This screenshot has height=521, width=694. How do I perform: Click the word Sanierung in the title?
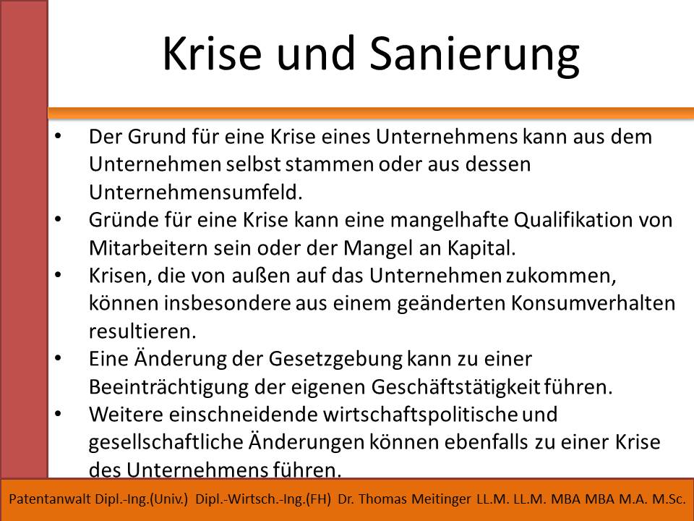point(474,54)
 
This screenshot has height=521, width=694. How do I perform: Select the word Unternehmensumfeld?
point(196,192)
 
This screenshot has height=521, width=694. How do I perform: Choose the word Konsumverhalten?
point(593,303)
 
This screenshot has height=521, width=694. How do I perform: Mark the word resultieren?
point(142,331)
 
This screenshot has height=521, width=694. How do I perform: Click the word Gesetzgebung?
point(335,360)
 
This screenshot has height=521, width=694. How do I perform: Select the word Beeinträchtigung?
point(168,387)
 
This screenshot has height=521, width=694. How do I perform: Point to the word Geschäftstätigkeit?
point(455,387)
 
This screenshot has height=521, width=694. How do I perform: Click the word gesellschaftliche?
point(166,443)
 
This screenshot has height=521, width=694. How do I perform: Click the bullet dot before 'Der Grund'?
point(59,137)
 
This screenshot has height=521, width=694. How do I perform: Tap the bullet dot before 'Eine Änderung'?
point(59,359)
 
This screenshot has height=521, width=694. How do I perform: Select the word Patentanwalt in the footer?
point(50,499)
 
